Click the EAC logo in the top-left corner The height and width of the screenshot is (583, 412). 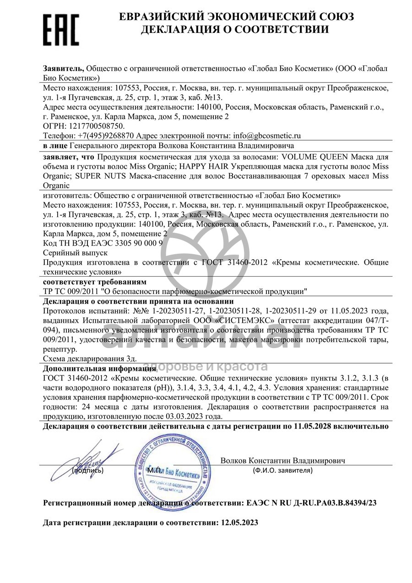61,29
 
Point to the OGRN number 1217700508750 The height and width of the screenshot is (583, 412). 96,125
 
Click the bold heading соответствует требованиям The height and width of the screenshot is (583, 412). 95,282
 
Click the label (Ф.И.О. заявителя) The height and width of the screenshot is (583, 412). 282,470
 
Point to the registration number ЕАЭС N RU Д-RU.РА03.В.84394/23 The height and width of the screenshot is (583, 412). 311,503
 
